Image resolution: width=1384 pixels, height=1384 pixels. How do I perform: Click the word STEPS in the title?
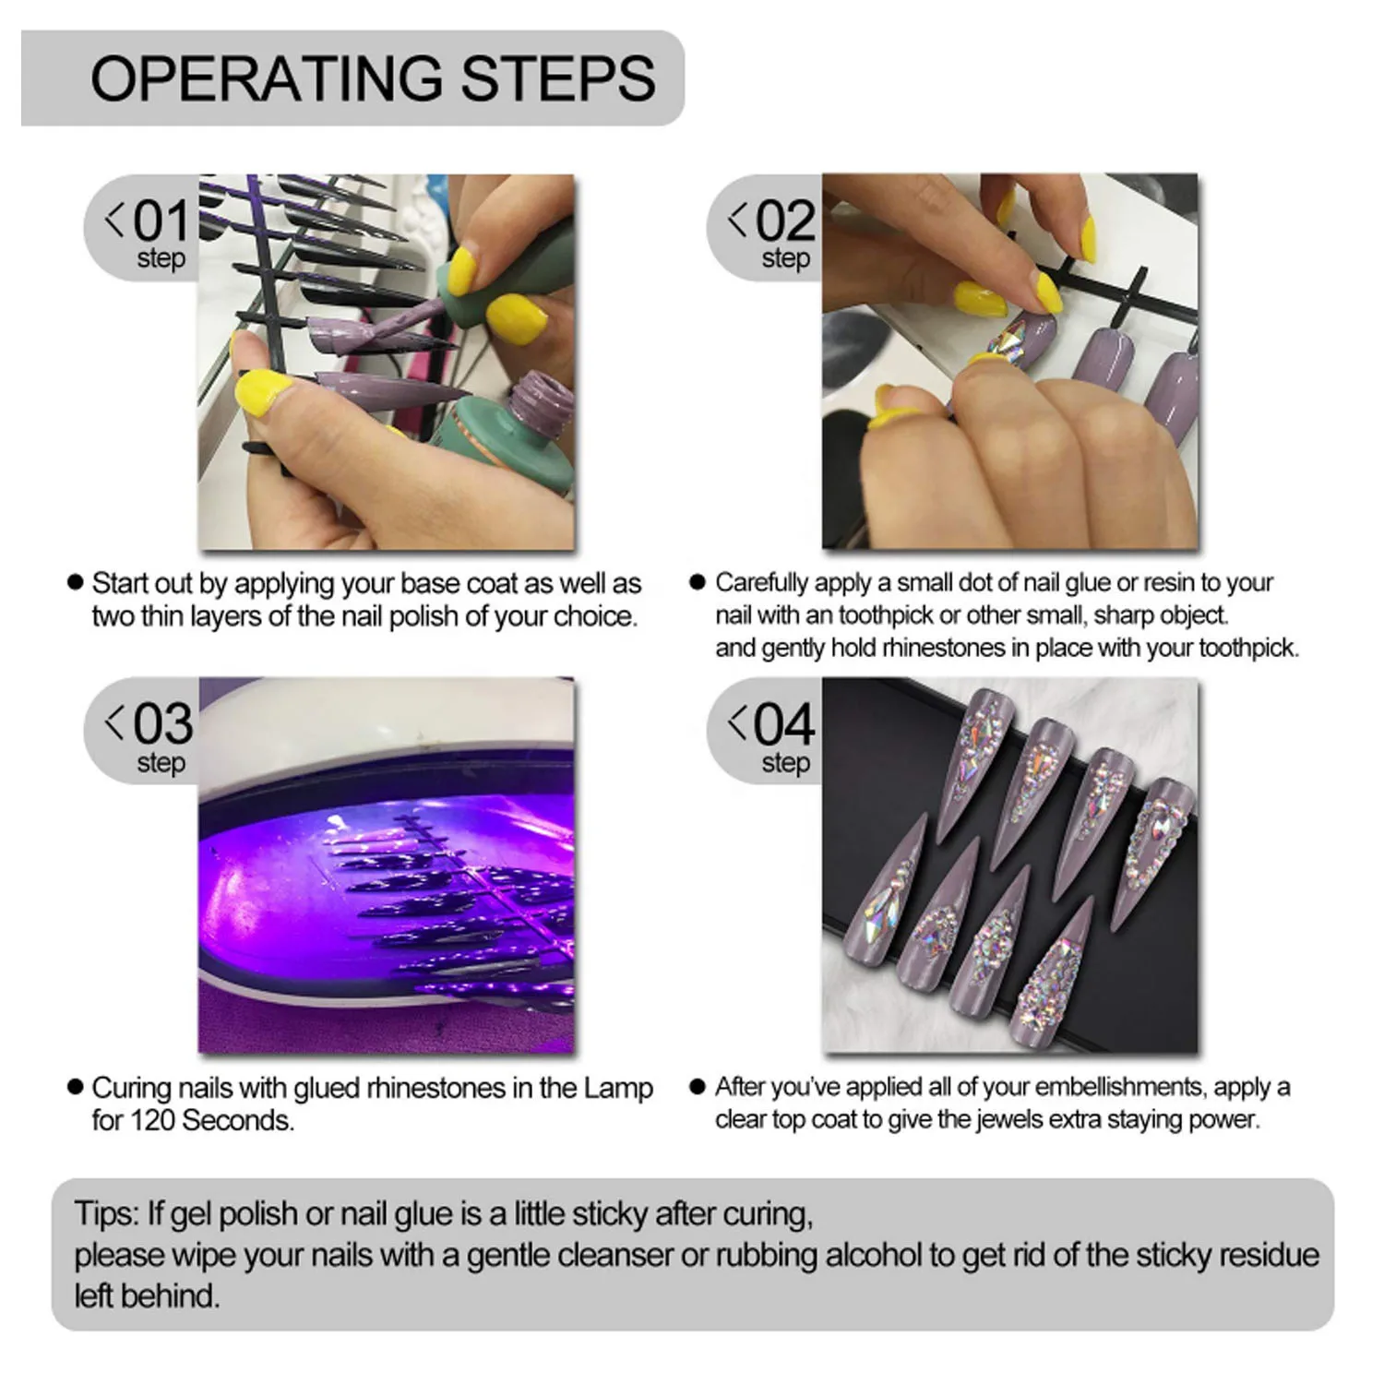tap(558, 78)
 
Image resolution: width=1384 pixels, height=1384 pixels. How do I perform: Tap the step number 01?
tap(161, 221)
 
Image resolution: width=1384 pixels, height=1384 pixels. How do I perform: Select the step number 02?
tap(785, 221)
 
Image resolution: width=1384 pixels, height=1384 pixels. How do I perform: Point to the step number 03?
tap(162, 723)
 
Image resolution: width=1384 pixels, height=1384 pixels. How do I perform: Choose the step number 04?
tap(785, 723)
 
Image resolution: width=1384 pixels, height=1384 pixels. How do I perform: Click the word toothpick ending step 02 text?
tap(1247, 648)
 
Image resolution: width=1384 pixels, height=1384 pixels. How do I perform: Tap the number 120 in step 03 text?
tap(152, 1120)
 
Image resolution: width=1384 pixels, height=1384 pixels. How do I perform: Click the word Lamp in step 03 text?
tap(618, 1089)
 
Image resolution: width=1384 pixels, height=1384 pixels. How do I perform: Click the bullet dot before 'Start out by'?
tap(76, 582)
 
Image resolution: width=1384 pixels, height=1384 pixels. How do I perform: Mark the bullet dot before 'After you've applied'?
tap(698, 1086)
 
